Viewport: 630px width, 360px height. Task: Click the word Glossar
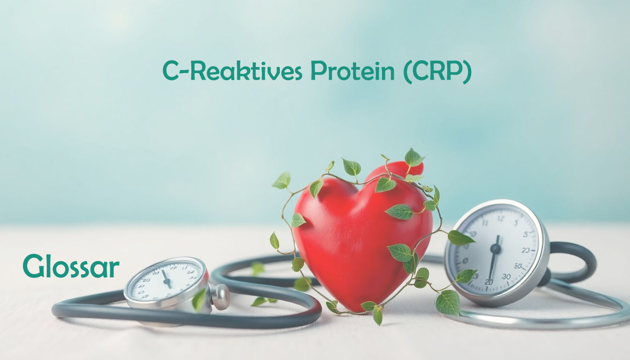71,266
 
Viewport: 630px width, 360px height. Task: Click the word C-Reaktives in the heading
232,71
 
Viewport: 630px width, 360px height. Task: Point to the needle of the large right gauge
494,257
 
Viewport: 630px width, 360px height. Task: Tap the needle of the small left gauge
166,279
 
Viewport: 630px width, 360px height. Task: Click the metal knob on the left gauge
220,297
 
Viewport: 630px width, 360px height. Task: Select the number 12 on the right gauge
500,218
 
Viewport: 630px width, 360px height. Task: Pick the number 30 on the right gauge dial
506,277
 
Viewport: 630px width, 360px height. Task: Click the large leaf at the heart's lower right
448,302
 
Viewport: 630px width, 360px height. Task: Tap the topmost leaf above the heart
413,157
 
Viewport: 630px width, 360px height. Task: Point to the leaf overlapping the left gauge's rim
199,300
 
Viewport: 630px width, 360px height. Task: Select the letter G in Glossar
34,266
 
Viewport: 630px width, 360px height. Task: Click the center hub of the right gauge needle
495,248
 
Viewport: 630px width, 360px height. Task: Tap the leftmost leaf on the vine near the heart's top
282,180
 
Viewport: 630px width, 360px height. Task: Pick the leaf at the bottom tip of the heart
378,315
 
